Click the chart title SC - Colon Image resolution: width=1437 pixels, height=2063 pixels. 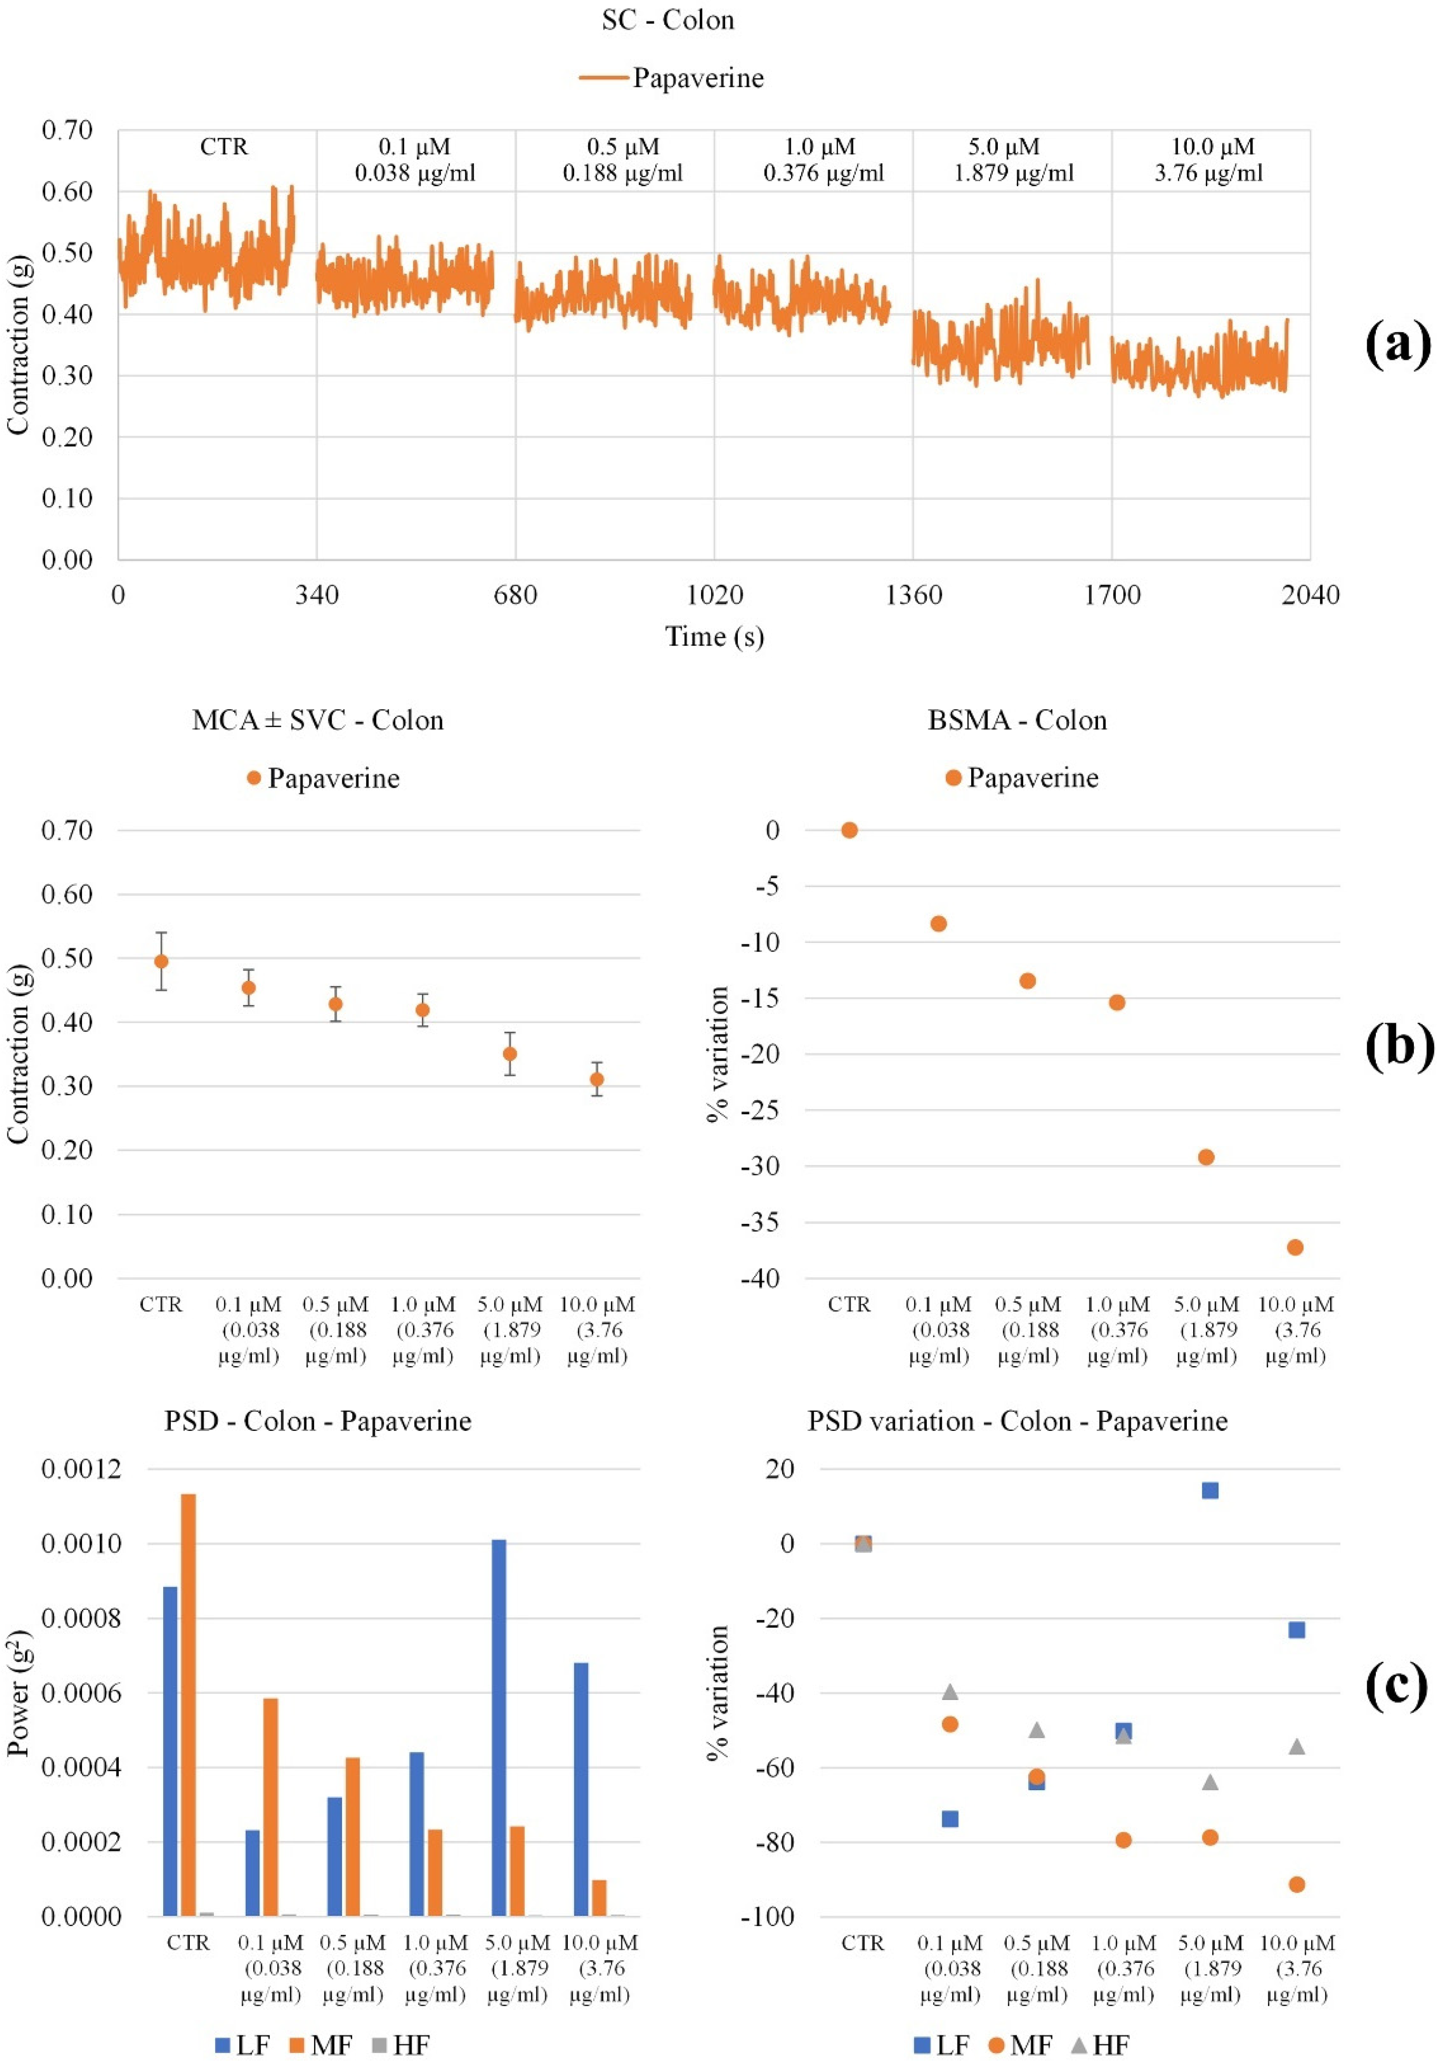[668, 20]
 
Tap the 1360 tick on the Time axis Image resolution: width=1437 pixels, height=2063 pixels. [913, 595]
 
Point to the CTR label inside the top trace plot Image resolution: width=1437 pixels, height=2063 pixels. [224, 146]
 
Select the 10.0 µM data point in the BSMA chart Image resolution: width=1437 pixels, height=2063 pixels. [1295, 1247]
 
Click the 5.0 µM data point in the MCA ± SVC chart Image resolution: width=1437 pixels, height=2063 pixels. [509, 1053]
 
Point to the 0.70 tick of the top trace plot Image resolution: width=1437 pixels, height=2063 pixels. [68, 130]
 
